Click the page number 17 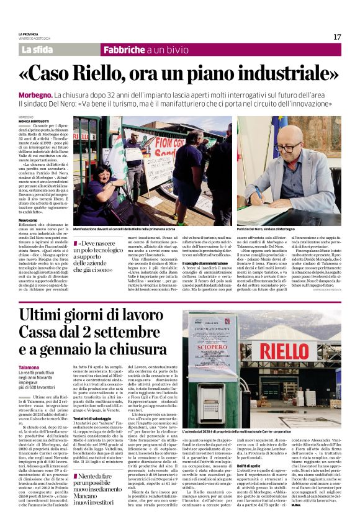click(337, 37)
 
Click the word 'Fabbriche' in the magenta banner click(125, 49)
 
